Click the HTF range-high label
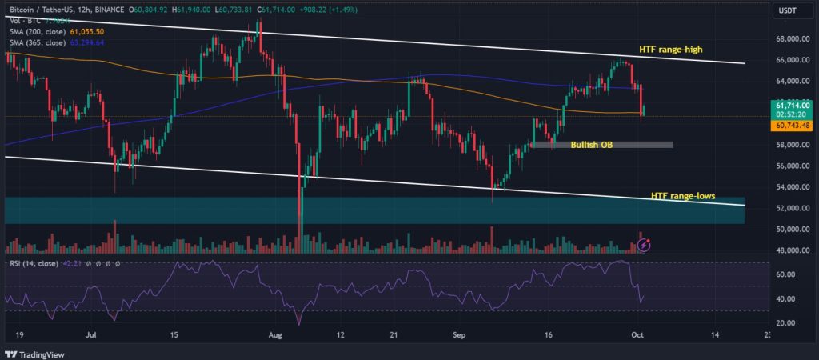[670, 50]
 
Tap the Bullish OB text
[592, 145]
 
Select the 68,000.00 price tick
[789, 38]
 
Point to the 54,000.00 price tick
[789, 187]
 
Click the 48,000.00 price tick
[789, 250]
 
